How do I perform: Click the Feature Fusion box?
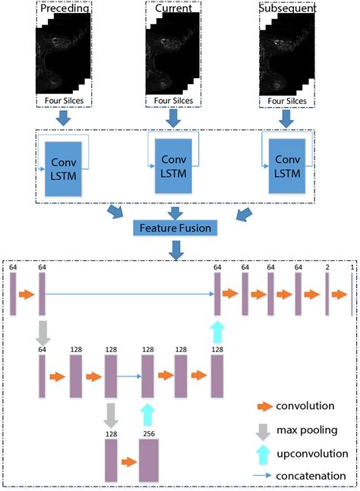pyautogui.click(x=173, y=227)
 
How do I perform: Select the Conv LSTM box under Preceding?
pyautogui.click(x=65, y=169)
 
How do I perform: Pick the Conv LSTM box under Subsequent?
pyautogui.click(x=286, y=169)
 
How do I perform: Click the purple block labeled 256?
pyautogui.click(x=148, y=460)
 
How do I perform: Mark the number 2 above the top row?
pyautogui.click(x=327, y=267)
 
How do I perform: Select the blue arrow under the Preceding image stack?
pyautogui.click(x=65, y=117)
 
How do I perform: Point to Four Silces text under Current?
pyautogui.click(x=173, y=99)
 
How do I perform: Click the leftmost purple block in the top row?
pyautogui.click(x=13, y=294)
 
